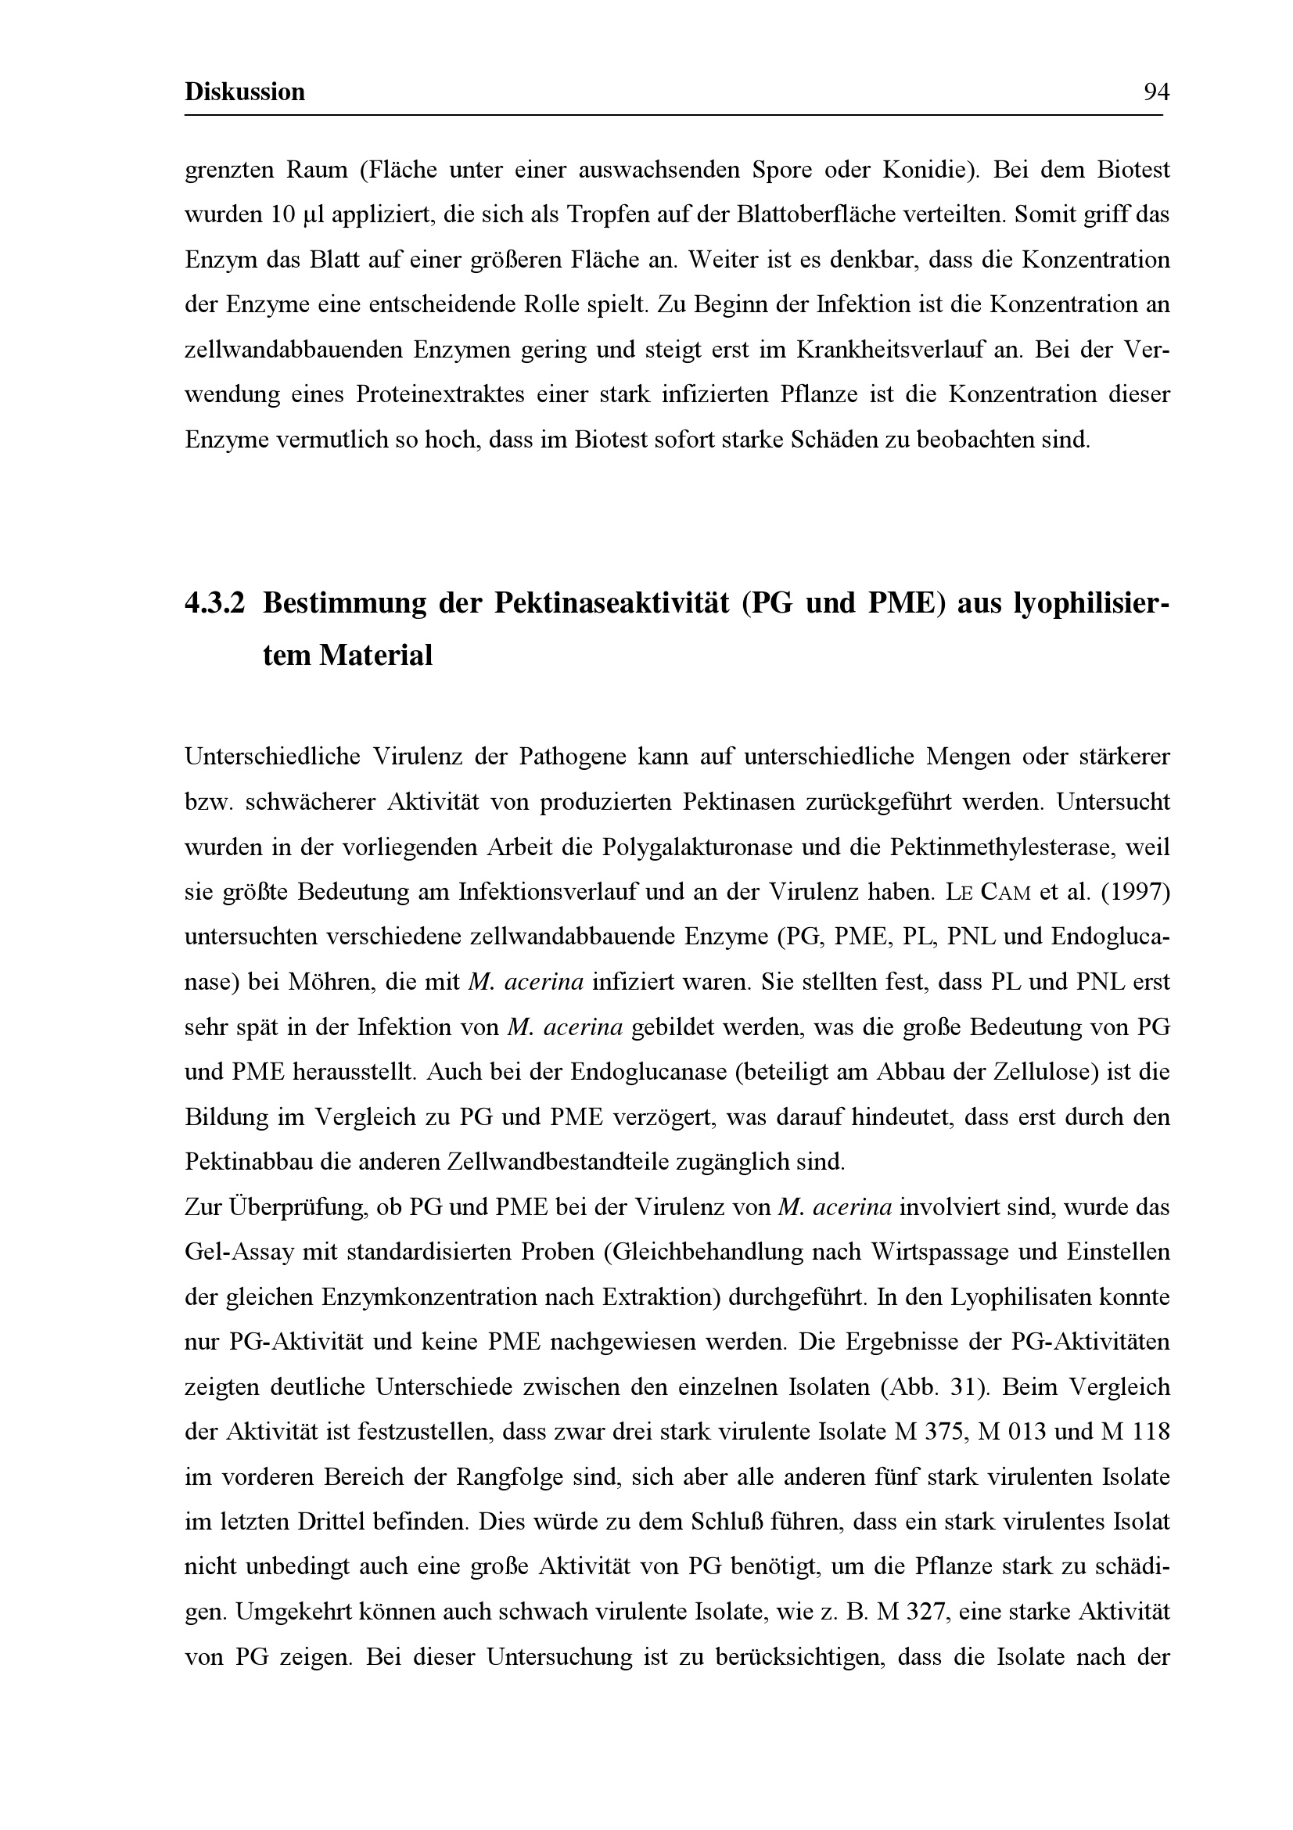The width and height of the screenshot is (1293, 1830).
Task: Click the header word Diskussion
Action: (245, 92)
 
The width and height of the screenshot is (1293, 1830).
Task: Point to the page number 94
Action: (1156, 92)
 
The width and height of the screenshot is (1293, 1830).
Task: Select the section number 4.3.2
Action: (214, 603)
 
